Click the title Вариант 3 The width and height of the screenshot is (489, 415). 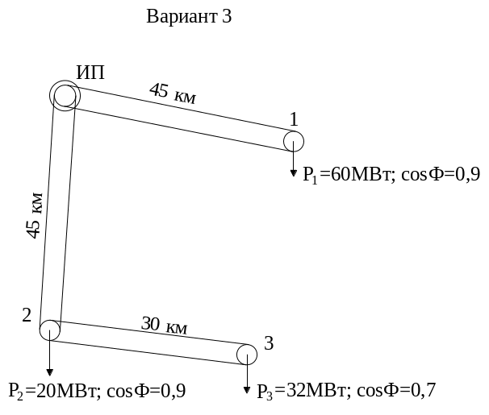click(190, 17)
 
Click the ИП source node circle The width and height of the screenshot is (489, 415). click(65, 95)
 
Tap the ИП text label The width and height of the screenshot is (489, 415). click(90, 73)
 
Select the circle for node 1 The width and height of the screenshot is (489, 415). click(293, 141)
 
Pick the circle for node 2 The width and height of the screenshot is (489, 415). click(50, 330)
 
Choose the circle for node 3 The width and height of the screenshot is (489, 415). click(247, 354)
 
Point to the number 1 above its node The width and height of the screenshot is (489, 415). click(294, 118)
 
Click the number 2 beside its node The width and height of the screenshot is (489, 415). click(27, 314)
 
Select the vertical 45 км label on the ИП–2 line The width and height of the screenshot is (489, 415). click(35, 216)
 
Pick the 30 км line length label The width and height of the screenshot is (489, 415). click(165, 326)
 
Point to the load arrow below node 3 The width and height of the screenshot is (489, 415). click(246, 378)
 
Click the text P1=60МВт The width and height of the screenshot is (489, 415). click(348, 174)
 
